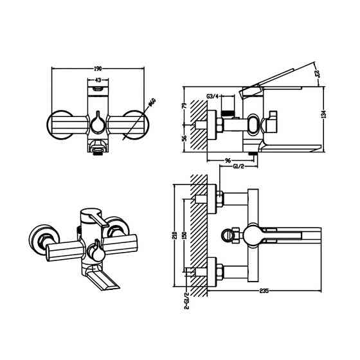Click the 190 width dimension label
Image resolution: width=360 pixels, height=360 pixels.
pyautogui.click(x=96, y=67)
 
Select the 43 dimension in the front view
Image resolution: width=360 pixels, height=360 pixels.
pyautogui.click(x=97, y=80)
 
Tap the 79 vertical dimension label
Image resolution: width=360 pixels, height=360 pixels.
pyautogui.click(x=184, y=107)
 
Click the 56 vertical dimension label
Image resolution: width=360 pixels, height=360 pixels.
pyautogui.click(x=184, y=138)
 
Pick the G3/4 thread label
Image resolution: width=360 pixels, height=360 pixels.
pyautogui.click(x=213, y=96)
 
